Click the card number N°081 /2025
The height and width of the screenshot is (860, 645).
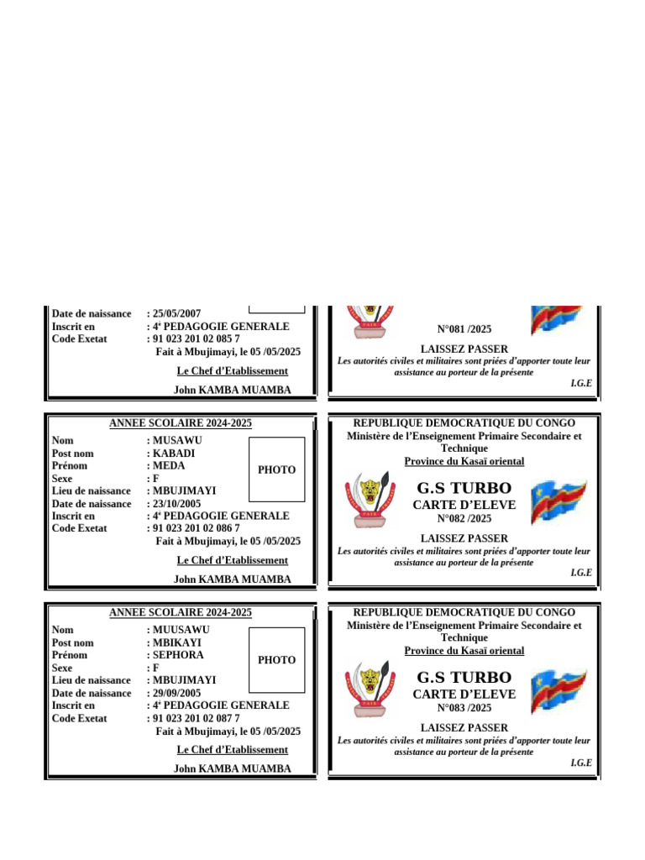pyautogui.click(x=464, y=329)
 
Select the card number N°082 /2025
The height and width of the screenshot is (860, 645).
pyautogui.click(x=464, y=519)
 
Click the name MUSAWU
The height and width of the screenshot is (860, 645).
pyautogui.click(x=177, y=440)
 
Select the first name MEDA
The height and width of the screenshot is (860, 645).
pyautogui.click(x=169, y=466)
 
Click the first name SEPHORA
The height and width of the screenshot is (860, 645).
pyautogui.click(x=177, y=655)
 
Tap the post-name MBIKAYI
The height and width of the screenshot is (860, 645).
pyautogui.click(x=177, y=642)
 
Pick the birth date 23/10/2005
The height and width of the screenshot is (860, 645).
pyautogui.click(x=176, y=504)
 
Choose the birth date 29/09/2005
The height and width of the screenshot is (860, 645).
pyautogui.click(x=176, y=693)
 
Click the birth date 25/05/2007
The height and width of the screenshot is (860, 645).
pyautogui.click(x=176, y=314)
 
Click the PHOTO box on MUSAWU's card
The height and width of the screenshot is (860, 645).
pyautogui.click(x=276, y=469)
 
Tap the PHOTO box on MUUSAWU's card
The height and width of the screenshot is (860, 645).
pyautogui.click(x=276, y=660)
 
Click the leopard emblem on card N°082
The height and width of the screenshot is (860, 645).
pyautogui.click(x=370, y=501)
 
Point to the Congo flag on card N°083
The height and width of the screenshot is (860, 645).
pyautogui.click(x=558, y=691)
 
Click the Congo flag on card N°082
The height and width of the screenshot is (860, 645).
pyautogui.click(x=558, y=501)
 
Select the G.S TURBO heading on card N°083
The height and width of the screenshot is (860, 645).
pyautogui.click(x=464, y=677)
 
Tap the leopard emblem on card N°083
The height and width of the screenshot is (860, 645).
pyautogui.click(x=370, y=690)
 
